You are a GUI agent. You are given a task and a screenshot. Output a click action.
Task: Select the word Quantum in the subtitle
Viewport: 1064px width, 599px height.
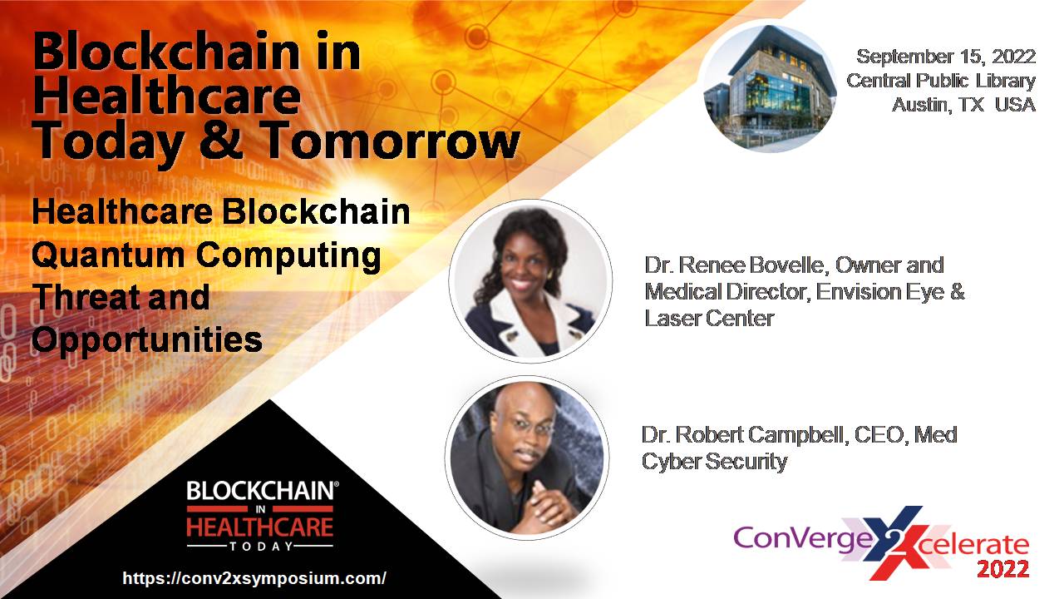tap(108, 255)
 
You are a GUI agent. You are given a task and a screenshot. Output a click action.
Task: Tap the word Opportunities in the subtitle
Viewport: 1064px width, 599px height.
tap(147, 340)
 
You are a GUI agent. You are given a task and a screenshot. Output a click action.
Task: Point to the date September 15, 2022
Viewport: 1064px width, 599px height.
tap(946, 57)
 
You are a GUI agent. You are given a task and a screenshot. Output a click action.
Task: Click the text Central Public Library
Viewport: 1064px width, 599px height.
tap(940, 81)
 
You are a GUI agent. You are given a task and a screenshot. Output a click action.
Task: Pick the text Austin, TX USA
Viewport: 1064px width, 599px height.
tap(963, 105)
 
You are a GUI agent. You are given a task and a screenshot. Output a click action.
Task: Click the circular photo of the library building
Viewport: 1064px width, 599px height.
tap(770, 88)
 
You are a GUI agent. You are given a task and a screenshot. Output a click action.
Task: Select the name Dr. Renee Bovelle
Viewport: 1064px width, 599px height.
tap(736, 265)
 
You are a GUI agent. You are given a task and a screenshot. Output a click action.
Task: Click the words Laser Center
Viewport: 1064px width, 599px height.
tap(709, 319)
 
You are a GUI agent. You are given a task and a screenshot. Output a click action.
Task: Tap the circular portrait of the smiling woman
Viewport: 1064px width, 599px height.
tap(530, 281)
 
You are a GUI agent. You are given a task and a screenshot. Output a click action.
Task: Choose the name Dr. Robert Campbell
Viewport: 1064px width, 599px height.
tap(745, 434)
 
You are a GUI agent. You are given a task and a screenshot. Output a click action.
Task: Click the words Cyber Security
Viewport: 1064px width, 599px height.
tap(714, 461)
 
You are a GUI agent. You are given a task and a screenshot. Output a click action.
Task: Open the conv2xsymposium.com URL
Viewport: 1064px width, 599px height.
tap(254, 578)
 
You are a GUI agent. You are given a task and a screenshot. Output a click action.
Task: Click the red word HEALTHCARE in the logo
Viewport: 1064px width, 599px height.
tap(260, 527)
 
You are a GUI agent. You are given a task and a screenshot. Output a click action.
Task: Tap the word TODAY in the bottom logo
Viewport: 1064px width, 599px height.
tap(261, 547)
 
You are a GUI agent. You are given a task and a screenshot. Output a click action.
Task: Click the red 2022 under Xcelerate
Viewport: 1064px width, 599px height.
tap(1002, 569)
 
